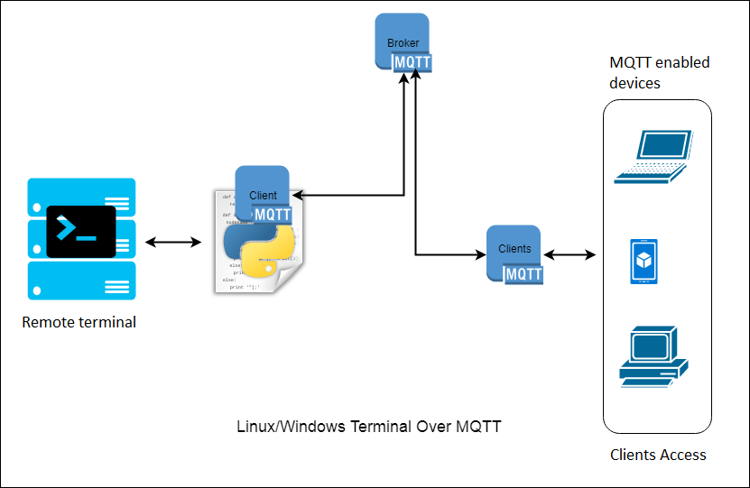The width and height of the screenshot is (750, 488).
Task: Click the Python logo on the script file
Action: [259, 248]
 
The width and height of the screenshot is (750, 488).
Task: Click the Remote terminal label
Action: [79, 322]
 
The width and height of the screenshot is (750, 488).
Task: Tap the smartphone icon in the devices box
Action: [644, 262]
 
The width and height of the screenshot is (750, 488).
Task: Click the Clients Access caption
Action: [658, 455]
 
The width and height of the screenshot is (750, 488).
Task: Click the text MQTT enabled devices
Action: [659, 73]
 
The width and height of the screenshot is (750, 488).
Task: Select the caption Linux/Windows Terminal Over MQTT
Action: [368, 427]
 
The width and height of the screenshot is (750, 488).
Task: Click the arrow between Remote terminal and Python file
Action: [173, 242]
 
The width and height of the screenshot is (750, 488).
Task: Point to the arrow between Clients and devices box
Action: [571, 255]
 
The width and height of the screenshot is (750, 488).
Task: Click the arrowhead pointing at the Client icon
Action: [297, 195]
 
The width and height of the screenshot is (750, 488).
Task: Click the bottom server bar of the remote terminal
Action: [81, 281]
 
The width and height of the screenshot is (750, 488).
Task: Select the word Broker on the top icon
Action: [403, 43]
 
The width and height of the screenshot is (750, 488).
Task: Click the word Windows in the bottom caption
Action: [309, 427]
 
